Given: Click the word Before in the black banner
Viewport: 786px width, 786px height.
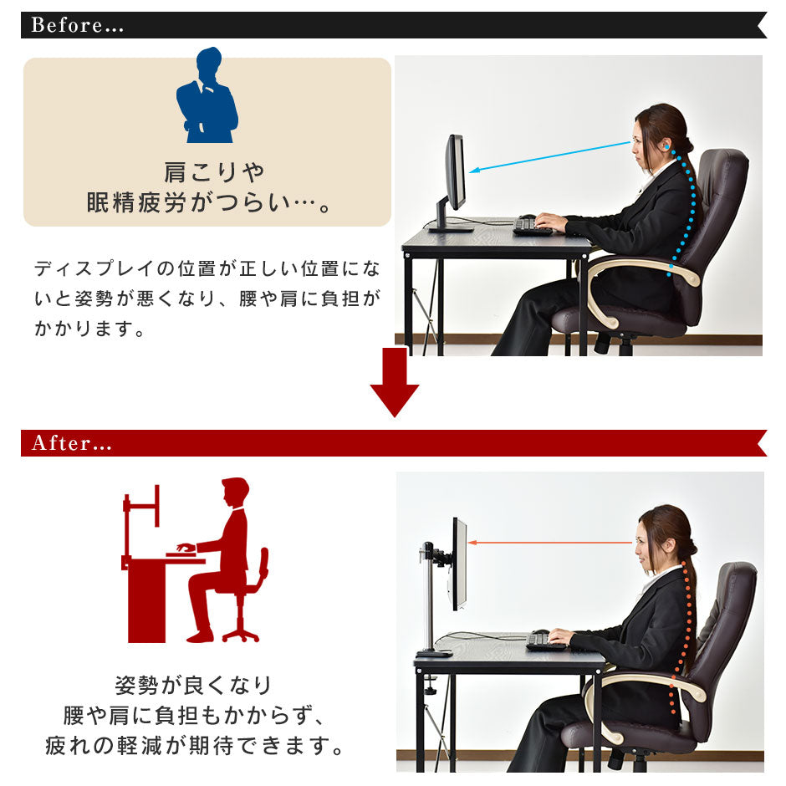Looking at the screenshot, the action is click(67, 25).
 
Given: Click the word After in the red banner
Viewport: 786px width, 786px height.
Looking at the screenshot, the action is click(62, 443).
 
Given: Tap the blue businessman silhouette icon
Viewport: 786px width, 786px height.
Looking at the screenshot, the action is click(207, 94).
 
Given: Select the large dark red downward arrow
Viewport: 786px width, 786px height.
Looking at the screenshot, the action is click(395, 382).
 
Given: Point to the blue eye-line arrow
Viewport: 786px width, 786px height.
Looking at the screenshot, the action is click(549, 157).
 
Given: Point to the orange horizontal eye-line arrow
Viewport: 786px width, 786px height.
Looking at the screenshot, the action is click(549, 543).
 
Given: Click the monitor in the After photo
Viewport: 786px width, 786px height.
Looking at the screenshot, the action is click(460, 564).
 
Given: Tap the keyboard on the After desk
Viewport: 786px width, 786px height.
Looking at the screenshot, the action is click(545, 641).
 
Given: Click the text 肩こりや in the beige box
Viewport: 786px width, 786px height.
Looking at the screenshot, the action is click(214, 173).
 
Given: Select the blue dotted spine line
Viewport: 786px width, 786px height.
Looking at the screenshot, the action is click(684, 211).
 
